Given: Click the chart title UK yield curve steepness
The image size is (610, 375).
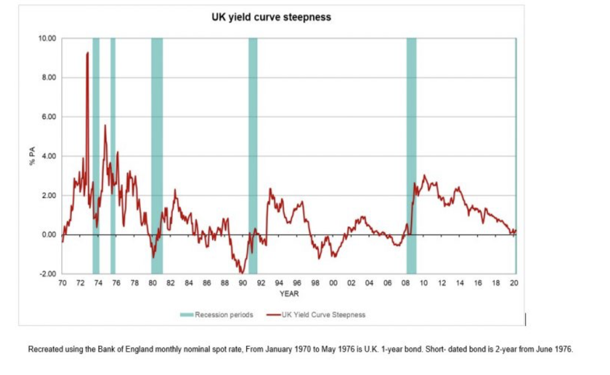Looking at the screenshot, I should pyautogui.click(x=271, y=17).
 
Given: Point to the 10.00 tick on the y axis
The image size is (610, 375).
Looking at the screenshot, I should pyautogui.click(x=48, y=39).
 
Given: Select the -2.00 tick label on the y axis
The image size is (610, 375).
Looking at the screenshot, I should pyautogui.click(x=48, y=274).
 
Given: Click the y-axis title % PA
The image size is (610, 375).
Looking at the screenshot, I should pyautogui.click(x=33, y=156).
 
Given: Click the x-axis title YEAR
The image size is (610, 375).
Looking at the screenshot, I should pyautogui.click(x=289, y=294).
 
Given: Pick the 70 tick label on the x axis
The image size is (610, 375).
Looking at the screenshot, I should pyautogui.click(x=62, y=284).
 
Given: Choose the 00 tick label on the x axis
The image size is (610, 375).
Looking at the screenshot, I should pyautogui.click(x=333, y=284).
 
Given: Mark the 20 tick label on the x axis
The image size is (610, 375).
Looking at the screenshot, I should pyautogui.click(x=514, y=284).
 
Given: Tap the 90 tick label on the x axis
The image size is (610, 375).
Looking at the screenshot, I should pyautogui.click(x=243, y=284).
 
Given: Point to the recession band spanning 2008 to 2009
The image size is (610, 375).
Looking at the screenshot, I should pyautogui.click(x=412, y=153).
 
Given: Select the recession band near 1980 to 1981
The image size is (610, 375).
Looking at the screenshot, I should pyautogui.click(x=157, y=153).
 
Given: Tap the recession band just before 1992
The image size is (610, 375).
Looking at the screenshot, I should pyautogui.click(x=253, y=153).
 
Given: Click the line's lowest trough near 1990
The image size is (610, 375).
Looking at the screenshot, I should pyautogui.click(x=242, y=272).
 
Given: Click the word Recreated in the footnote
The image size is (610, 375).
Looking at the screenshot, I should pyautogui.click(x=44, y=350).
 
